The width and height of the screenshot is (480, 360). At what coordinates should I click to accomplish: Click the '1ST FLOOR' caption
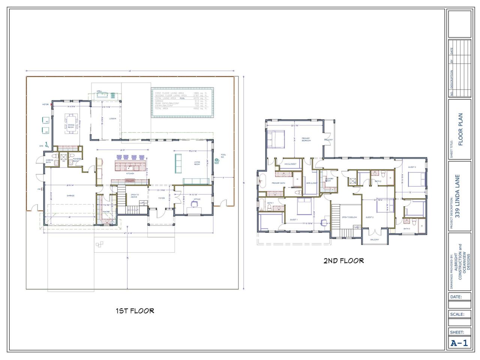point(135,310)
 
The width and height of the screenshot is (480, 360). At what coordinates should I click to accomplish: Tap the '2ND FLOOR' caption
point(343,260)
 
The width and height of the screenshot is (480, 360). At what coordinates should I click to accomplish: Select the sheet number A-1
point(459,342)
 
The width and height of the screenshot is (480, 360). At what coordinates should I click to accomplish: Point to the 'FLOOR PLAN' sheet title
point(460,129)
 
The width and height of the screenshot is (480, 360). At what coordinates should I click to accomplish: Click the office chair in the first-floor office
point(194,204)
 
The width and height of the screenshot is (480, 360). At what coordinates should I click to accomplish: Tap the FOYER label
point(161,198)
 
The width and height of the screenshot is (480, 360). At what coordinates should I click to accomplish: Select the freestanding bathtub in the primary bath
point(261,181)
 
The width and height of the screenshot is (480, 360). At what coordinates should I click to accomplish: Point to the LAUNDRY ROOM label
point(329,180)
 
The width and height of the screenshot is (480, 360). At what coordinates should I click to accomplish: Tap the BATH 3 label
point(407,228)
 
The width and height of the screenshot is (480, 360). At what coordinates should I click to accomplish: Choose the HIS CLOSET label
point(290,164)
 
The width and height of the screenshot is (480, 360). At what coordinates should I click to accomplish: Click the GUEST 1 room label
point(294,220)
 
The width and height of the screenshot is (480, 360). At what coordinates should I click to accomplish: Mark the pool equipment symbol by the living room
point(217,160)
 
